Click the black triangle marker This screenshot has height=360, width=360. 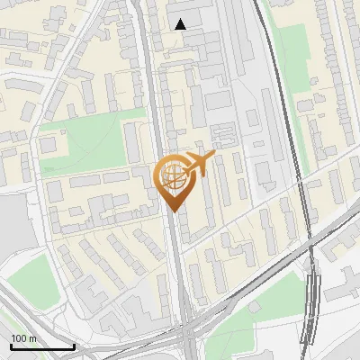tap(181, 24)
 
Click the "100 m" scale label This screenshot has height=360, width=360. tap(24, 338)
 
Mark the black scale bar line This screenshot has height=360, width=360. tap(42, 346)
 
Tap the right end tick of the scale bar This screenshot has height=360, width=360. tap(74, 345)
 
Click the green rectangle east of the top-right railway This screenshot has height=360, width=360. tap(292, 54)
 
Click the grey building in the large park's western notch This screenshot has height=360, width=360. tap(51, 144)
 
